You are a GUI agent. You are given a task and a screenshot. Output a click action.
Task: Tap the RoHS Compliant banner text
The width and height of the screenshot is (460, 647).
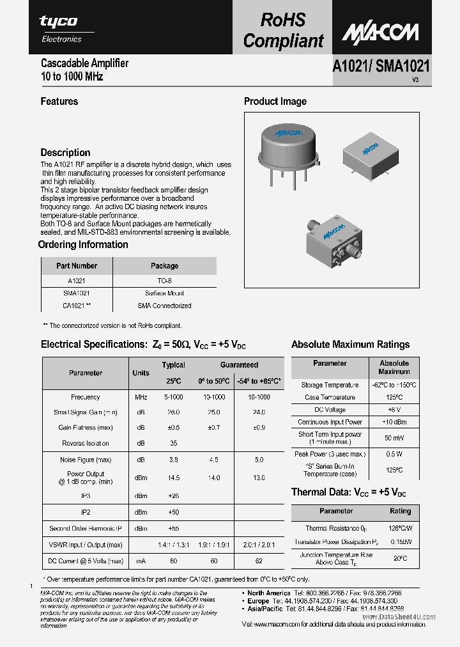[x=283, y=31]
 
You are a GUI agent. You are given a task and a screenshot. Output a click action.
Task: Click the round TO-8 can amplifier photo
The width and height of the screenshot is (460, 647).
[x=287, y=147]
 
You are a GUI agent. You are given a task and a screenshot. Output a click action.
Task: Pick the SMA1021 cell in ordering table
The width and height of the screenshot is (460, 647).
[x=76, y=293]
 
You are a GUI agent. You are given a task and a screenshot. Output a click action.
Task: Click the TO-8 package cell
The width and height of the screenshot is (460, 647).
[x=164, y=281]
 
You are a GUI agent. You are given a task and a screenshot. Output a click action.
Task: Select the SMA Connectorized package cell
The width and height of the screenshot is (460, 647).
[x=164, y=306]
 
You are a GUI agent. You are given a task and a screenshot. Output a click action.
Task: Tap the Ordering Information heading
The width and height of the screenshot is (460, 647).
[x=83, y=245]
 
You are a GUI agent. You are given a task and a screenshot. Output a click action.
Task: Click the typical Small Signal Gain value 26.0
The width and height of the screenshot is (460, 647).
[x=172, y=412]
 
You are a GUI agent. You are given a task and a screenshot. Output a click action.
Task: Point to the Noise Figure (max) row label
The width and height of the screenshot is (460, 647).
[x=85, y=460]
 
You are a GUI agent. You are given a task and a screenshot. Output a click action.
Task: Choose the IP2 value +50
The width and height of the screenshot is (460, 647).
[x=172, y=512]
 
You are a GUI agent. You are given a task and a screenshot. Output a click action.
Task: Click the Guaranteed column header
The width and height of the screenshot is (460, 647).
[x=239, y=365]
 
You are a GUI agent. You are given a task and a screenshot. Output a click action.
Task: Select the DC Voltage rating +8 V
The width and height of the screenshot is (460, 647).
[x=394, y=410]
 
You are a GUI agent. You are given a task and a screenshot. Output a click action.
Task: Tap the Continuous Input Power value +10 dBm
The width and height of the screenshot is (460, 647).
[x=394, y=422]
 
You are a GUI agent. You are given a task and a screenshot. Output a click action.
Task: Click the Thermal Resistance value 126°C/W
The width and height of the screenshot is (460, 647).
[x=399, y=528]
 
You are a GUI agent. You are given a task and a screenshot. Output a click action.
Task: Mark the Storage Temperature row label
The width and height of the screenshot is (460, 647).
[x=330, y=386]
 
